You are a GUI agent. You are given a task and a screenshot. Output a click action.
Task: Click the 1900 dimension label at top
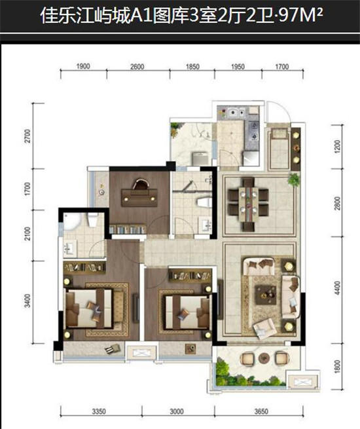point(83,66)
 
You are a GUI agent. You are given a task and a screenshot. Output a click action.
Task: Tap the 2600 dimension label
point(137,67)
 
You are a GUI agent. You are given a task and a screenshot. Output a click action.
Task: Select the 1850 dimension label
point(192,67)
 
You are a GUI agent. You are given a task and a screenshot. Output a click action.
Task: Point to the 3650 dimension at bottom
point(261,411)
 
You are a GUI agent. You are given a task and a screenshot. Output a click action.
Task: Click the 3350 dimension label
point(99,411)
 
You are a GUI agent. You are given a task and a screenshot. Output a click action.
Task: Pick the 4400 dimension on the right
point(338,288)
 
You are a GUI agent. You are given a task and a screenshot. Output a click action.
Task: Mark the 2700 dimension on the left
point(27,136)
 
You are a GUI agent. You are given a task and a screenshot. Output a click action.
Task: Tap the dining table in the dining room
point(248,204)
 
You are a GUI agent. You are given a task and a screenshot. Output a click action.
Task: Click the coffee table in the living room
point(266,294)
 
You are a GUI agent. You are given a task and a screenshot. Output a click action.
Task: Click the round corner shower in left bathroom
point(72,221)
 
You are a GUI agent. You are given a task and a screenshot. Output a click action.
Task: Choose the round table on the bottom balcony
point(264,358)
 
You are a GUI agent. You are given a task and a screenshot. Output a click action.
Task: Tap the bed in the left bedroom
point(89,308)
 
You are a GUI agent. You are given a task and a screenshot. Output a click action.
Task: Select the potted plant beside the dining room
point(294,179)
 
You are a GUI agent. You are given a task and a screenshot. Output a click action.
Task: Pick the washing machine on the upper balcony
point(201,159)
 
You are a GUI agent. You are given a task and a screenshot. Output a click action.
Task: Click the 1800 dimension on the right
point(338,366)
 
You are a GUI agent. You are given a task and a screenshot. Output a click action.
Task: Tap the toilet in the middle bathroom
point(204,202)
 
